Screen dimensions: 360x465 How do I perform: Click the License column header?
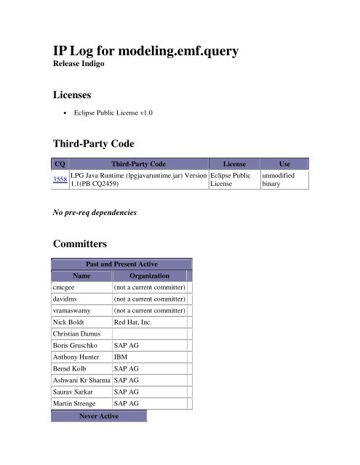point(233,164)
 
